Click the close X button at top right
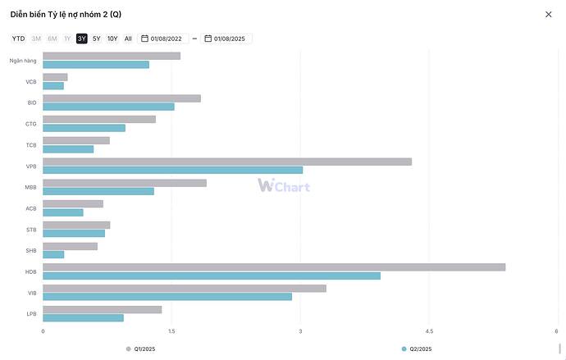549,14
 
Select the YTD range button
18,39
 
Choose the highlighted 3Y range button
82,39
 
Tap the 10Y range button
112,39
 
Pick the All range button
128,39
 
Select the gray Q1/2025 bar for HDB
274,267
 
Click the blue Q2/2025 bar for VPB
172,170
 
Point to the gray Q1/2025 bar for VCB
55,77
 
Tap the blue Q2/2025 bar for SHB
53,254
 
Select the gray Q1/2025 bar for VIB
185,288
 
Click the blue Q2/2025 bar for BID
108,107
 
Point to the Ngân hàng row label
23,60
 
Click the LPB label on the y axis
31,313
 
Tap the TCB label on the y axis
31,144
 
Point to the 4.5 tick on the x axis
429,331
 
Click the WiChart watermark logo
284,185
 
